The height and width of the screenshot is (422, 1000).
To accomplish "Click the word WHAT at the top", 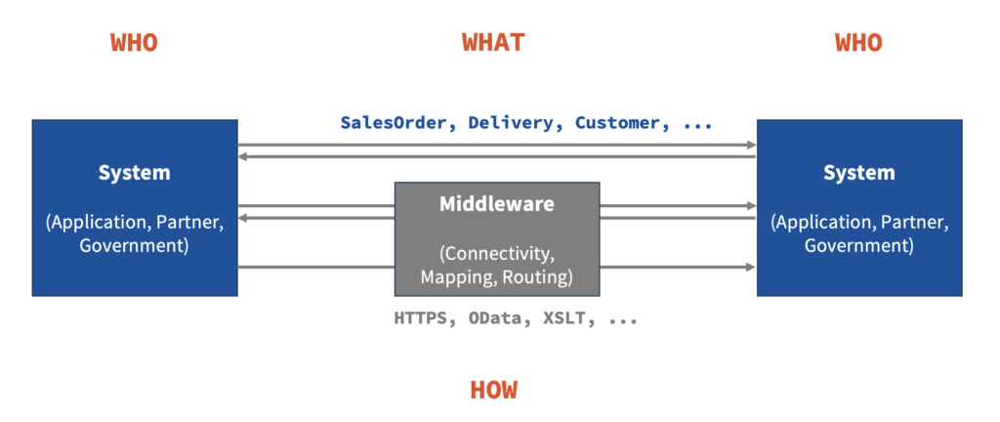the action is pyautogui.click(x=493, y=42).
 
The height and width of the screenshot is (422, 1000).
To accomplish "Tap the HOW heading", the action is pyautogui.click(x=493, y=390).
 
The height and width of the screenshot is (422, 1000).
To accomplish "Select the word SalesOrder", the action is pyautogui.click(x=393, y=123).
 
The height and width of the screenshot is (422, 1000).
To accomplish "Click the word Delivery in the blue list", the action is pyautogui.click(x=511, y=123).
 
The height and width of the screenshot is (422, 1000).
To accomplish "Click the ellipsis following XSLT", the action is pyautogui.click(x=623, y=321).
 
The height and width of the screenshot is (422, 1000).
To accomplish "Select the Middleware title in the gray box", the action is pyautogui.click(x=497, y=204).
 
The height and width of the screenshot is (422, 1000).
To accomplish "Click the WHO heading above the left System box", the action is pyautogui.click(x=134, y=42).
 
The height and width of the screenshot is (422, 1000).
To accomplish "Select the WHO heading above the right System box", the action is pyautogui.click(x=858, y=42).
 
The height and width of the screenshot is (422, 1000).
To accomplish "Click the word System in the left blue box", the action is pyautogui.click(x=135, y=173).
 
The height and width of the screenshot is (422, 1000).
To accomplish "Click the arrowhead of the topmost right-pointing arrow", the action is pyautogui.click(x=751, y=145).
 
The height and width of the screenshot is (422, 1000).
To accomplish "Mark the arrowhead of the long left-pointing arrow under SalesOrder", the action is pyautogui.click(x=243, y=156).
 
